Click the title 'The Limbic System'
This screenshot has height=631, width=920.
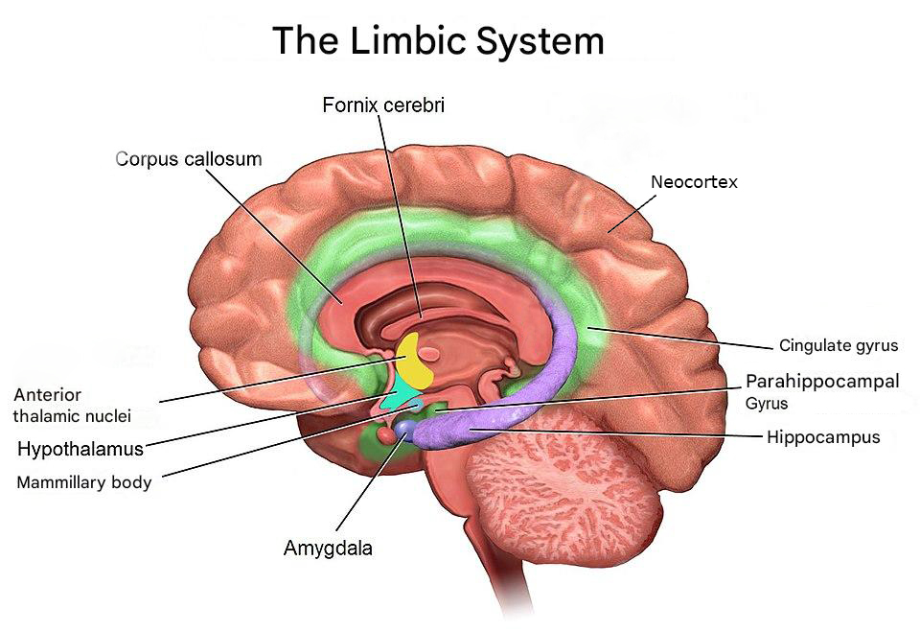(x=438, y=41)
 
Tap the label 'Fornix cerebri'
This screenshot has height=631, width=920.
(x=383, y=105)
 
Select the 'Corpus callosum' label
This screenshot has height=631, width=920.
(x=189, y=158)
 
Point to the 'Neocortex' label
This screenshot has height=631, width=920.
(x=694, y=181)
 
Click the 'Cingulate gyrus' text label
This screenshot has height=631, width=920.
(x=838, y=345)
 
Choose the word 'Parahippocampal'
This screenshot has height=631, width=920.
(x=822, y=382)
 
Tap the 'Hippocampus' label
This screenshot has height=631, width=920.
(x=822, y=437)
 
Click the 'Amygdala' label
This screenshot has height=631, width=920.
(x=328, y=549)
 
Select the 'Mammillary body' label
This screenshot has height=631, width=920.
(x=84, y=482)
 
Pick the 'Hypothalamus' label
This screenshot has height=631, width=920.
(x=80, y=448)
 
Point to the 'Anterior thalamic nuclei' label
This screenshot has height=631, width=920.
(x=73, y=405)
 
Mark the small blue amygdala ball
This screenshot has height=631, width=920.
(x=406, y=429)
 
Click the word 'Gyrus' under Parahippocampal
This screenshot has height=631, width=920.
(x=767, y=404)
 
